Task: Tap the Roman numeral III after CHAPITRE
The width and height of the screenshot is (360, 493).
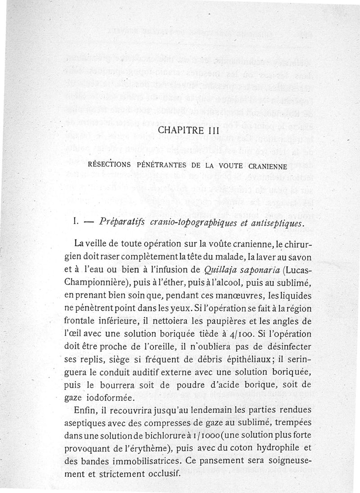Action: click(x=209, y=131)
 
